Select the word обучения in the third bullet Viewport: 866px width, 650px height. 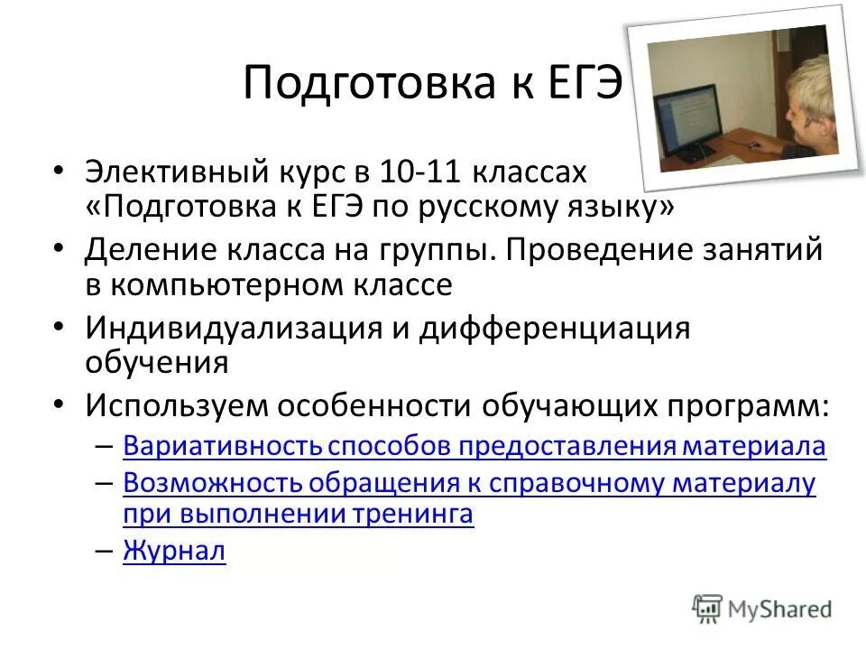click(156, 363)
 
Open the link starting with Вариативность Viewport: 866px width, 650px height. click(474, 445)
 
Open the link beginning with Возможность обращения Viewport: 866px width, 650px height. click(469, 483)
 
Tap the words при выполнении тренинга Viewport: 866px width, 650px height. click(298, 515)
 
